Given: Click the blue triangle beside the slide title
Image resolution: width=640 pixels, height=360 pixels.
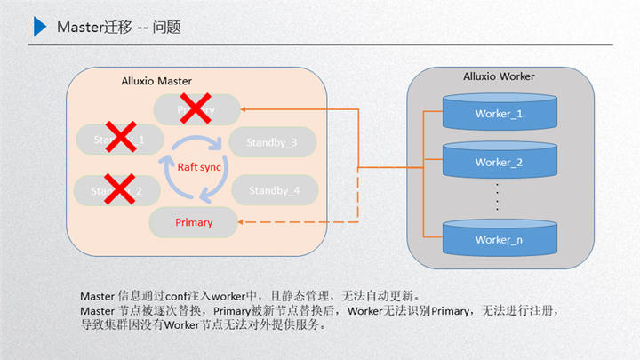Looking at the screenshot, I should pos(39,28).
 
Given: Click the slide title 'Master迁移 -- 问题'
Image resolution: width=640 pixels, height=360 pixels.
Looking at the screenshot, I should pos(118,28).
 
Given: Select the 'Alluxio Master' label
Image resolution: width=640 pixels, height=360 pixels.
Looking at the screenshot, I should pos(156,81).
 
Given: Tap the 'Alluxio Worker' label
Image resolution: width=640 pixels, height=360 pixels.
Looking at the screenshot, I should pos(499,76).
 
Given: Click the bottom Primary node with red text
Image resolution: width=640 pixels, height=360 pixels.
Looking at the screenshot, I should pos(194,222).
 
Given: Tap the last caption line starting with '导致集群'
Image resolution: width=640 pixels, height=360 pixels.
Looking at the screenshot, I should pos(204,325).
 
